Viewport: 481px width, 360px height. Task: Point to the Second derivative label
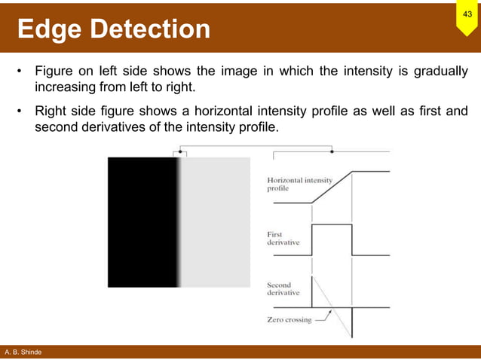(x=283, y=289)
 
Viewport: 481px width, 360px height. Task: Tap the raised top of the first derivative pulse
(x=332, y=224)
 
